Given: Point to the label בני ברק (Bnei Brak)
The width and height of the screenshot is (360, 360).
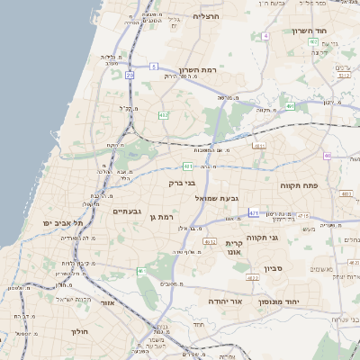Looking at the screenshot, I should point(181,183).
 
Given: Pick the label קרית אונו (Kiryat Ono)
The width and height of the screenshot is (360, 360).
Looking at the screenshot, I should point(235,248).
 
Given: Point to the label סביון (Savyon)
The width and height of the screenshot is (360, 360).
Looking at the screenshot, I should point(274,268).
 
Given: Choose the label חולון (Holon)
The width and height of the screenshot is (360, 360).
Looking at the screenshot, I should point(80,330).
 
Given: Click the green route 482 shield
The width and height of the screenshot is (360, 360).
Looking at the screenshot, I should point(163,115).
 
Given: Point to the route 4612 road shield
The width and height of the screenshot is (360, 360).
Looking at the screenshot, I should point(209,241).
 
